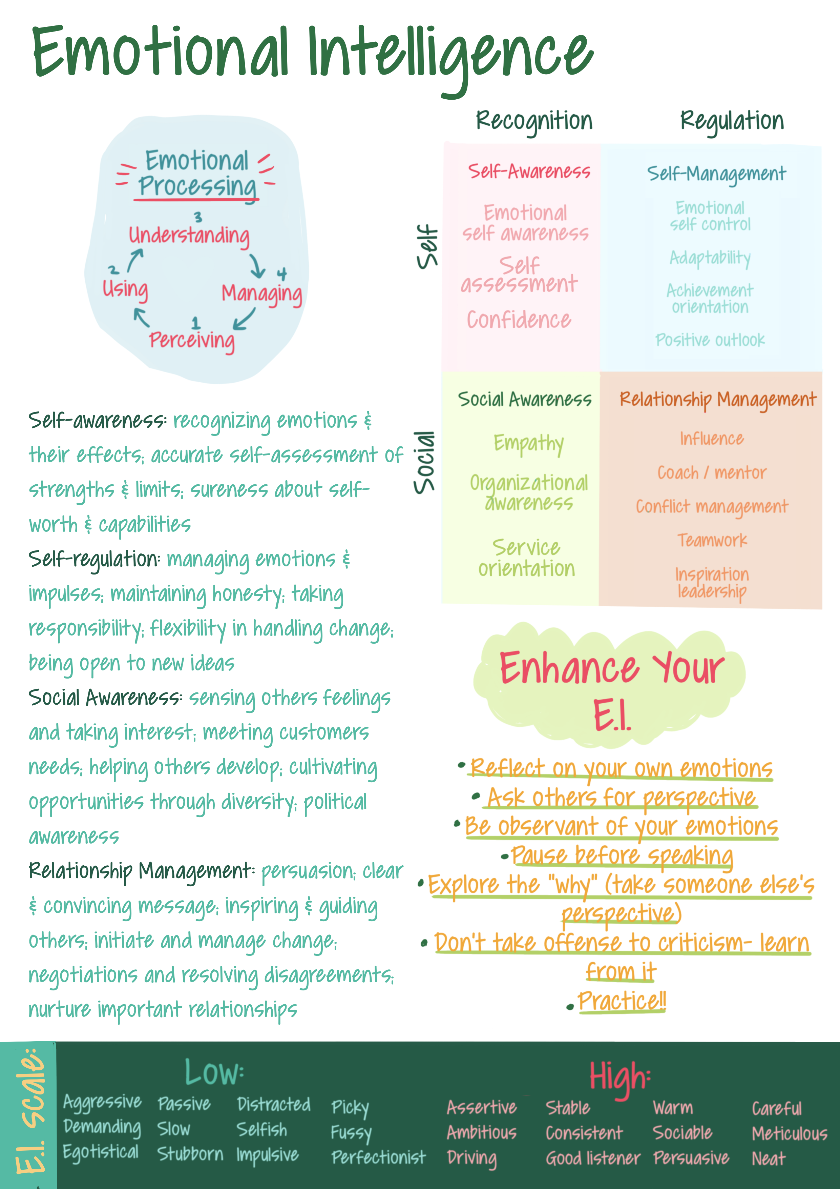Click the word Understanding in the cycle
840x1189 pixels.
tap(189, 236)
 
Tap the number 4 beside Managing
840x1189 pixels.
tap(281, 274)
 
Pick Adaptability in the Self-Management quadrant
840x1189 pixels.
tap(710, 257)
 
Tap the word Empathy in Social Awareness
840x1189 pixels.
tap(528, 444)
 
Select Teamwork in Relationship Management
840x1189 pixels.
tap(712, 540)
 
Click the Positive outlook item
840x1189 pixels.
tap(710, 340)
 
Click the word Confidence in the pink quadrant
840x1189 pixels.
tap(519, 320)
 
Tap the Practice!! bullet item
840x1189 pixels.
tap(622, 1001)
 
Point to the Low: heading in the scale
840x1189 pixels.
tap(214, 1072)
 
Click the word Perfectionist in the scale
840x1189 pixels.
tap(378, 1157)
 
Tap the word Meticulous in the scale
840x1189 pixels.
tap(789, 1134)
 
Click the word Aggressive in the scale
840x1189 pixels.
tap(102, 1102)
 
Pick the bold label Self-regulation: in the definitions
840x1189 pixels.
tap(94, 559)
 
